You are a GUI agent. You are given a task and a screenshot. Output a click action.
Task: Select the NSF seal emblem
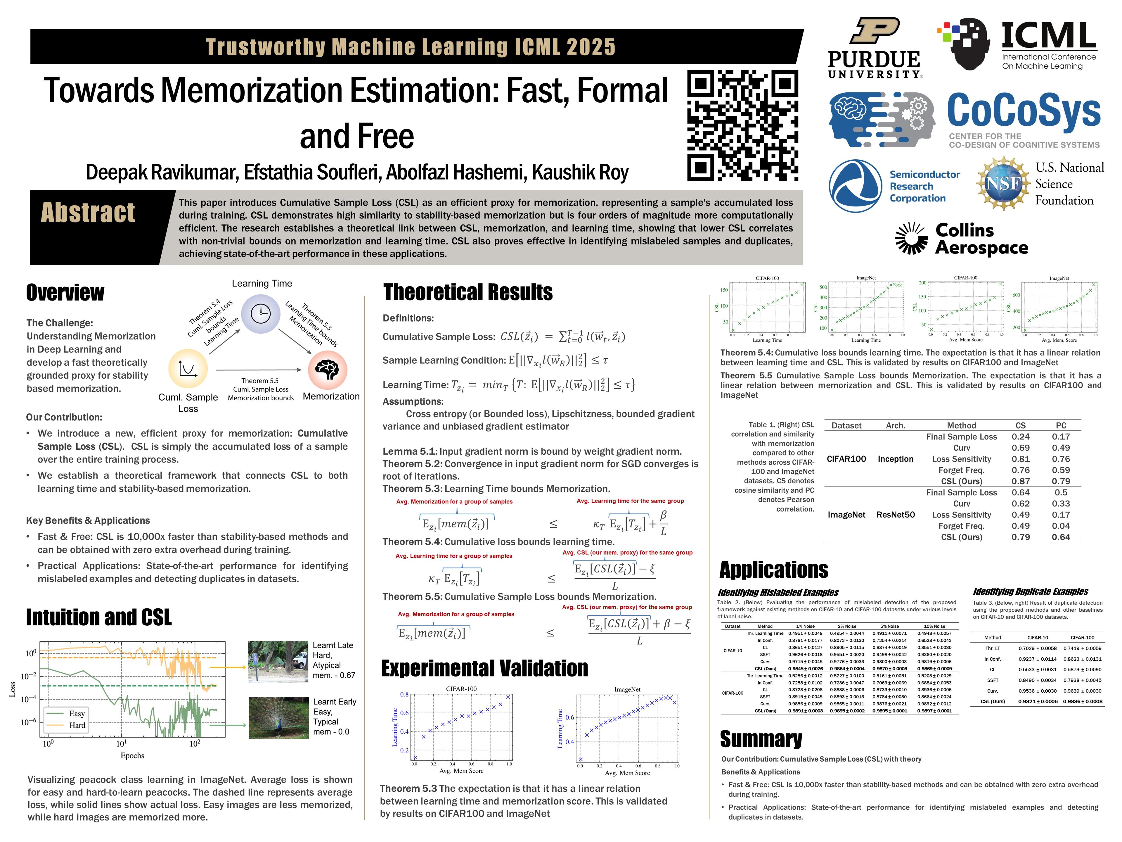click(x=1003, y=183)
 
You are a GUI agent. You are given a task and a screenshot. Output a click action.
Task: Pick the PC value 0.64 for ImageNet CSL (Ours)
click(x=1061, y=537)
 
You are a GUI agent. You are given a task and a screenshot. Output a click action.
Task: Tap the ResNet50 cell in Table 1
click(x=895, y=515)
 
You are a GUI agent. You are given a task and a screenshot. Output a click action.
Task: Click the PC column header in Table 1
click(x=1061, y=425)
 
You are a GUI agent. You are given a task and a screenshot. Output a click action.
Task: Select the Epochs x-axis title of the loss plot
click(x=132, y=755)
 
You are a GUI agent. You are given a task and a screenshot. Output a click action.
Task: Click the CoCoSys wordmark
click(x=1024, y=111)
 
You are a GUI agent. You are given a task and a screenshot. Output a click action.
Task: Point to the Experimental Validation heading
click(x=484, y=668)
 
